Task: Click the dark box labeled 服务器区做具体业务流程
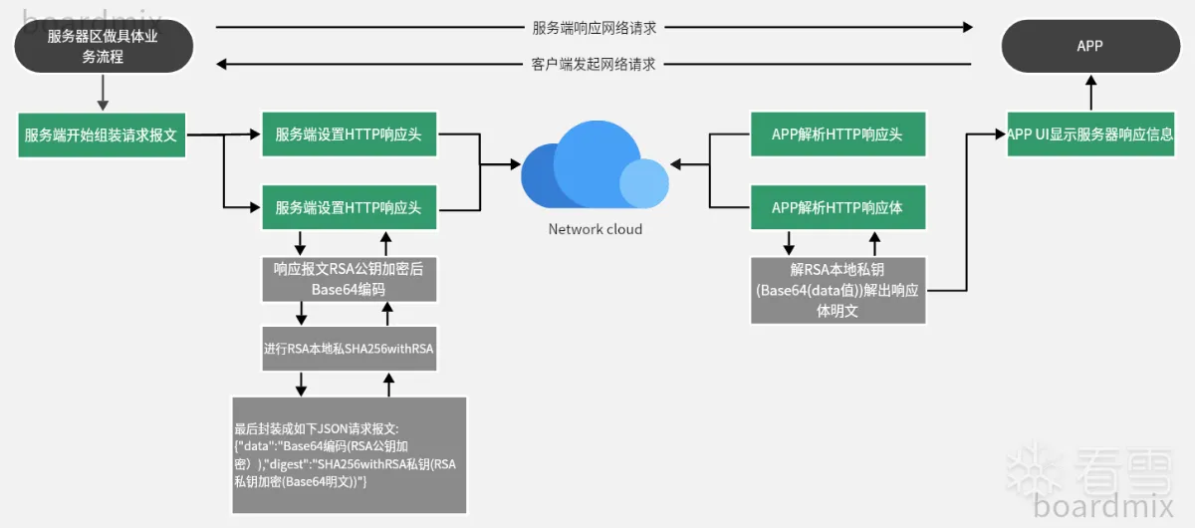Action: (103, 47)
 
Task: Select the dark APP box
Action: (1089, 46)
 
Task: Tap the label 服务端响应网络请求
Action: (595, 28)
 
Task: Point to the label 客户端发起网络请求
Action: (594, 64)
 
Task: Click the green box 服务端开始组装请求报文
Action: (102, 134)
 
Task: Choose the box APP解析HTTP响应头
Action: (836, 134)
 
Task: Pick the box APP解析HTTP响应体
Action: (836, 207)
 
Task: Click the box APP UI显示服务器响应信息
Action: (1090, 134)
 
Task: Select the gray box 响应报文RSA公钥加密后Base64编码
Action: (349, 279)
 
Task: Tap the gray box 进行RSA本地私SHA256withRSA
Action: (349, 349)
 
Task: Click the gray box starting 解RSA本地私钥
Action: (836, 290)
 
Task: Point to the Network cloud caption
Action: (596, 229)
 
